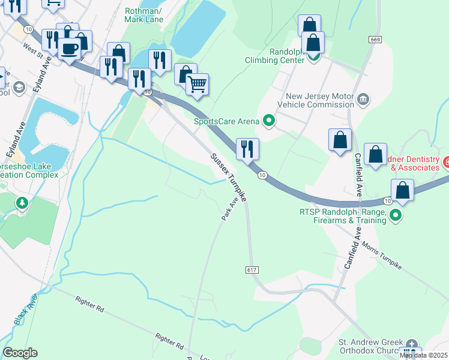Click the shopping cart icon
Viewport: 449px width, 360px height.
click(197, 84)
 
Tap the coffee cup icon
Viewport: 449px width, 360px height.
click(70, 49)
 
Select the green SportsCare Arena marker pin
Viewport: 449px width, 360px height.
click(269, 121)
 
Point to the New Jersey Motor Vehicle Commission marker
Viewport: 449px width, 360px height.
click(363, 99)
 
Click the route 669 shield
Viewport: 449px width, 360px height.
click(376, 39)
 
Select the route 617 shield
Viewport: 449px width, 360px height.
click(252, 270)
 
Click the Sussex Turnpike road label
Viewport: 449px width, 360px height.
click(228, 176)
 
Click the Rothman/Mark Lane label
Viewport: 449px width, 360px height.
click(144, 15)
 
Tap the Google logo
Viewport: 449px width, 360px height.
click(20, 353)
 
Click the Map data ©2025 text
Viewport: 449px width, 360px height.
click(423, 356)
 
